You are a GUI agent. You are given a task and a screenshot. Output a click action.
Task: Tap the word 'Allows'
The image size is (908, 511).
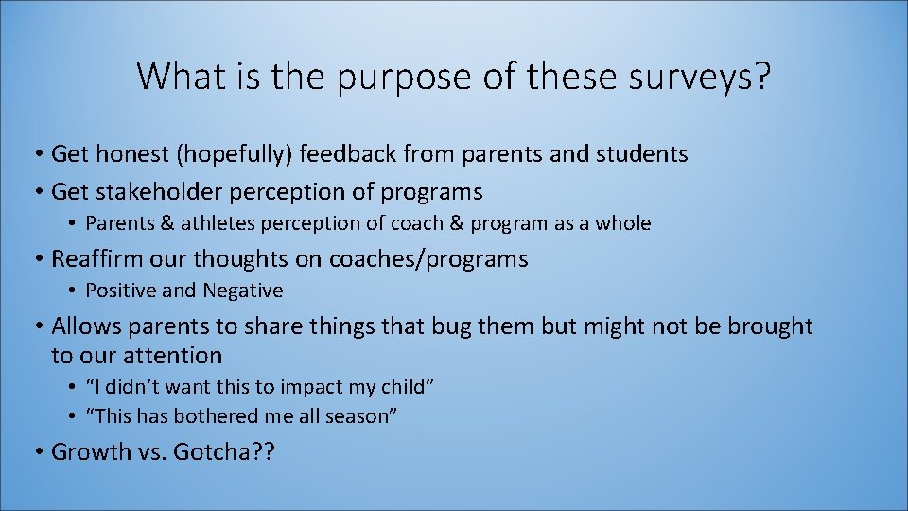click(82, 326)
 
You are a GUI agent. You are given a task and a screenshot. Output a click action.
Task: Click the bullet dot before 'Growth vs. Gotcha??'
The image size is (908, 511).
click(39, 451)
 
